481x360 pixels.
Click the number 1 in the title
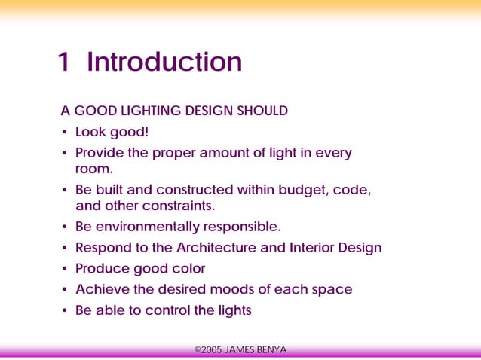point(64,62)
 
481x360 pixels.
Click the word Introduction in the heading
point(164,62)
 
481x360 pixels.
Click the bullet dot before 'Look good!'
point(65,133)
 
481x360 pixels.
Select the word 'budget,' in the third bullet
point(302,190)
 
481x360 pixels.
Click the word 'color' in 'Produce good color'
point(188,269)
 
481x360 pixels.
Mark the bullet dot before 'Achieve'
point(65,290)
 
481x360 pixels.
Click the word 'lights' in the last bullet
point(231,310)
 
